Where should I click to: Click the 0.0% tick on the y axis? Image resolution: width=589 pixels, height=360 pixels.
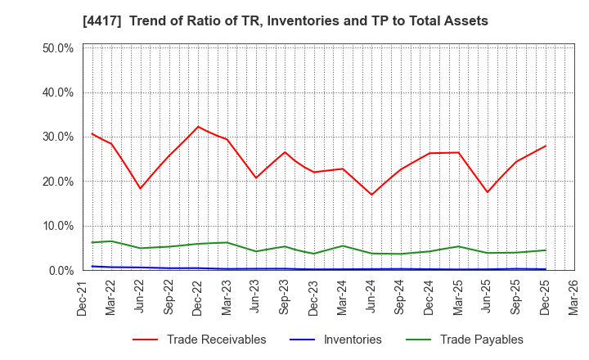60,270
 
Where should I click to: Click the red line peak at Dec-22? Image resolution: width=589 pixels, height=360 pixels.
198,127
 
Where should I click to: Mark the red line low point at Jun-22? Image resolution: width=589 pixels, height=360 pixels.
140,188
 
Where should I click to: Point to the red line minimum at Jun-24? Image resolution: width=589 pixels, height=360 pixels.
371,195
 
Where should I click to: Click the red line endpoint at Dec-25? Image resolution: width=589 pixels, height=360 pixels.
545,146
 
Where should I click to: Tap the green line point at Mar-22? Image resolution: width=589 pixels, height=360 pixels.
111,241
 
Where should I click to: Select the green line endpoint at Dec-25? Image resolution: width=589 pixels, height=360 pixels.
545,250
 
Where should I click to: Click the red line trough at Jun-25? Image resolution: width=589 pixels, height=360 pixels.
487,192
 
